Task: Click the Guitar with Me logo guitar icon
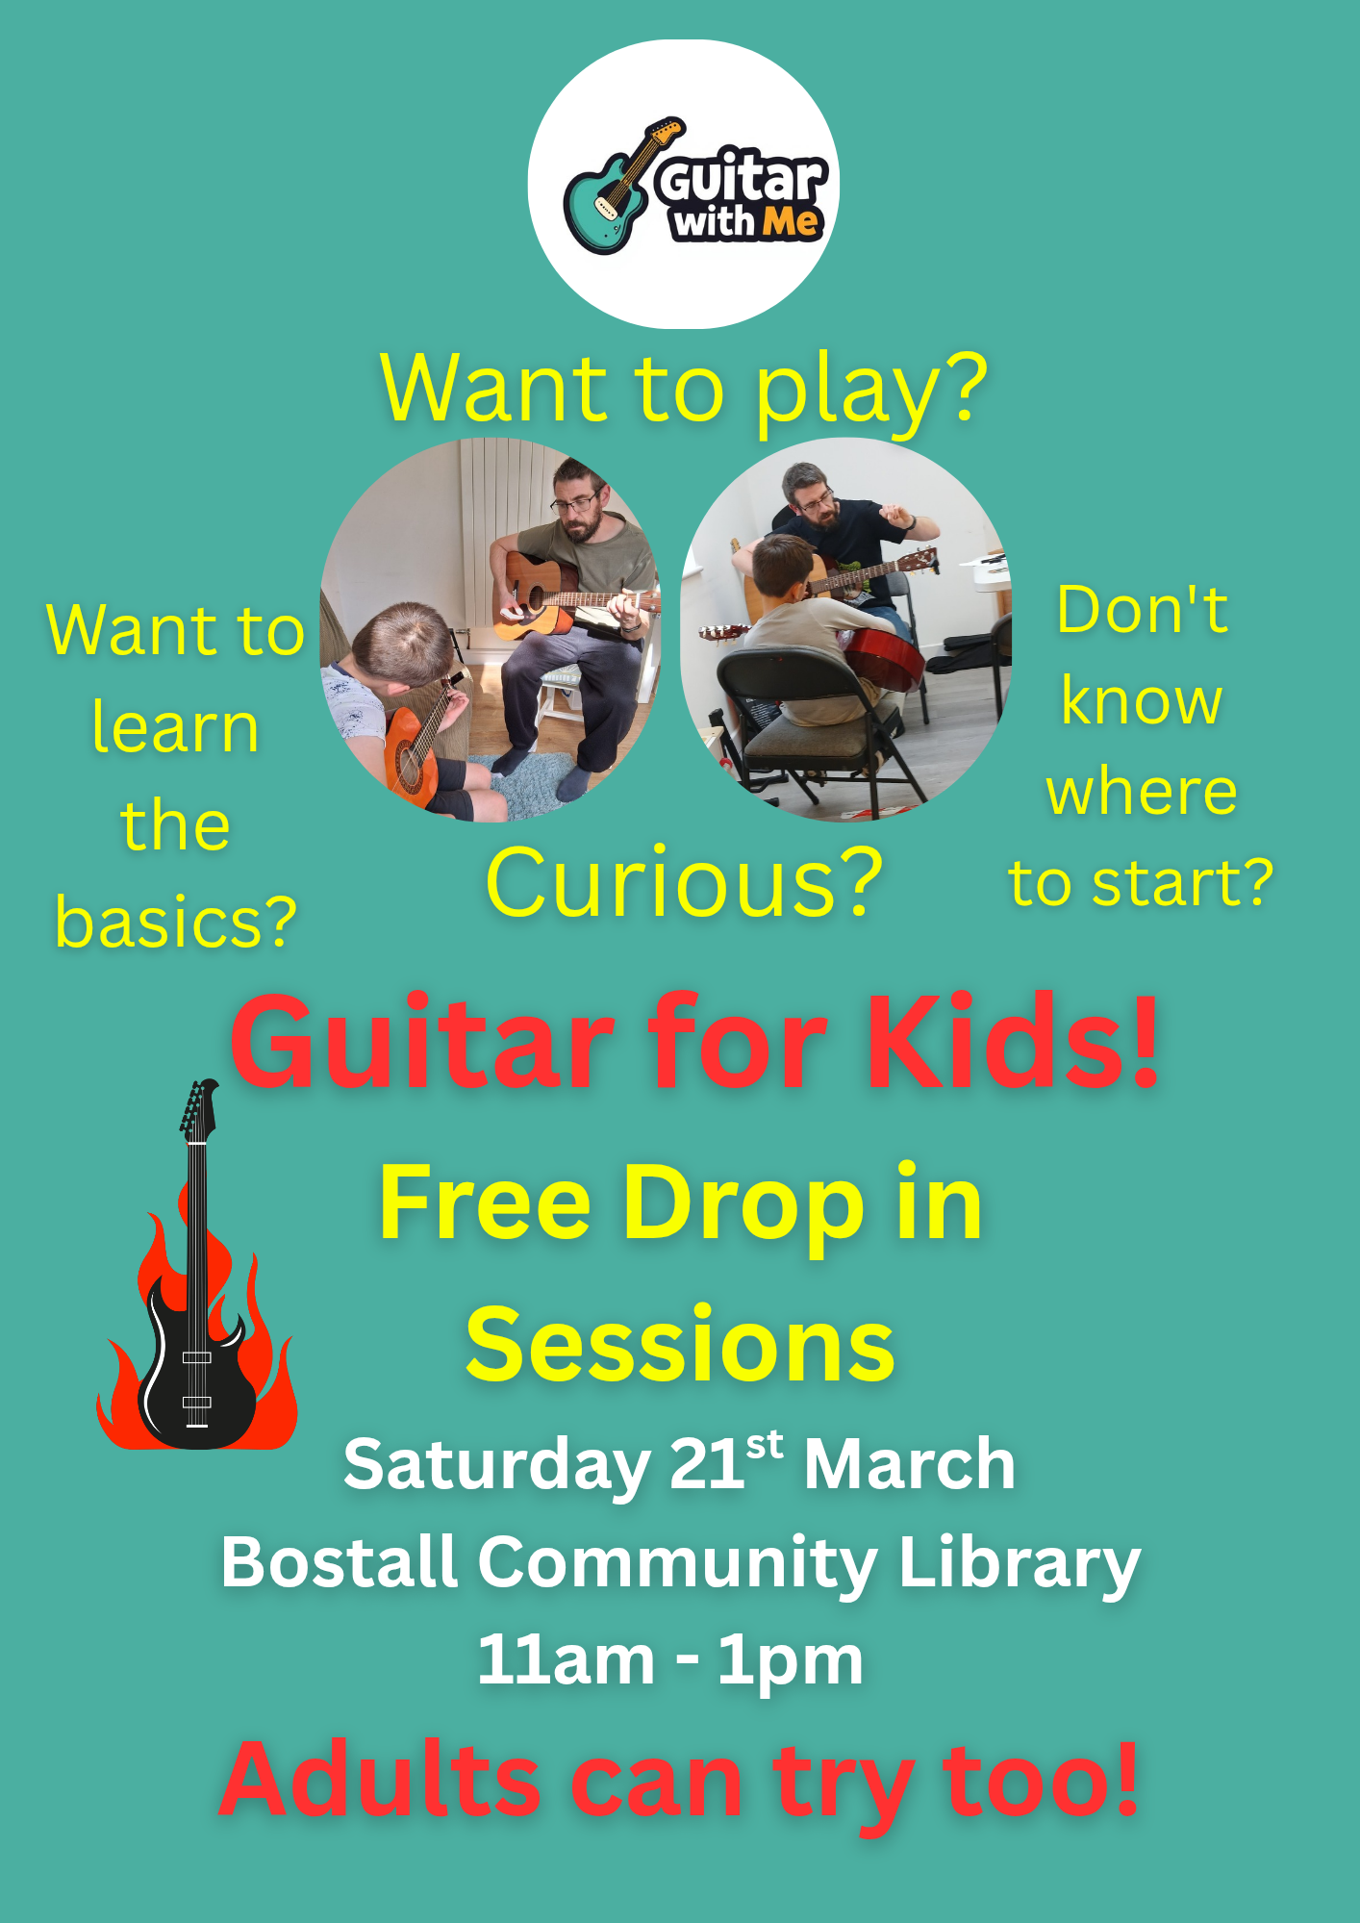pyautogui.click(x=620, y=188)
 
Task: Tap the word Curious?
pyautogui.click(x=684, y=882)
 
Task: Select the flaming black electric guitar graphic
pyautogui.click(x=196, y=1265)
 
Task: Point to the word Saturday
pyautogui.click(x=497, y=1465)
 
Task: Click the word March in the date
pyautogui.click(x=910, y=1464)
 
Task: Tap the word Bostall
pyautogui.click(x=339, y=1561)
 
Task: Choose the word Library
pyautogui.click(x=1020, y=1566)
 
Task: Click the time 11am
pyautogui.click(x=567, y=1659)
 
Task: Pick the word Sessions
pyautogui.click(x=680, y=1345)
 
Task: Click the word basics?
pyautogui.click(x=176, y=923)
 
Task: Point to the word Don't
pyautogui.click(x=1143, y=610)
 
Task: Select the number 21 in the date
pyautogui.click(x=707, y=1464)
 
